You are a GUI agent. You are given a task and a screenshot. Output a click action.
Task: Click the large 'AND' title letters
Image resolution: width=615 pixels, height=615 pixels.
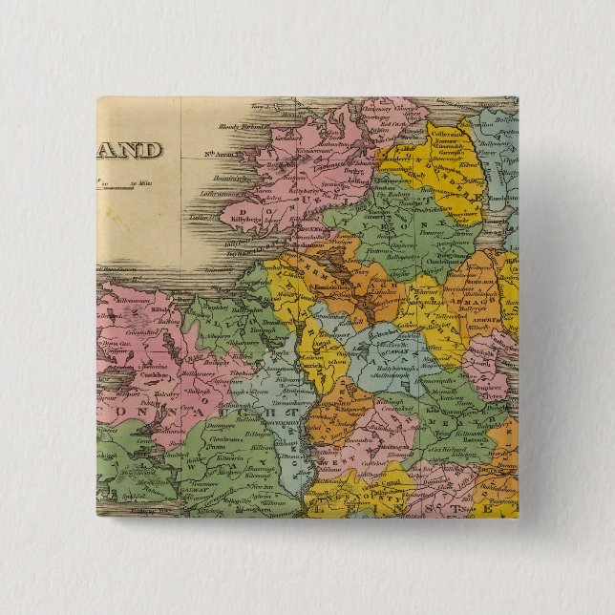(128, 150)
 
